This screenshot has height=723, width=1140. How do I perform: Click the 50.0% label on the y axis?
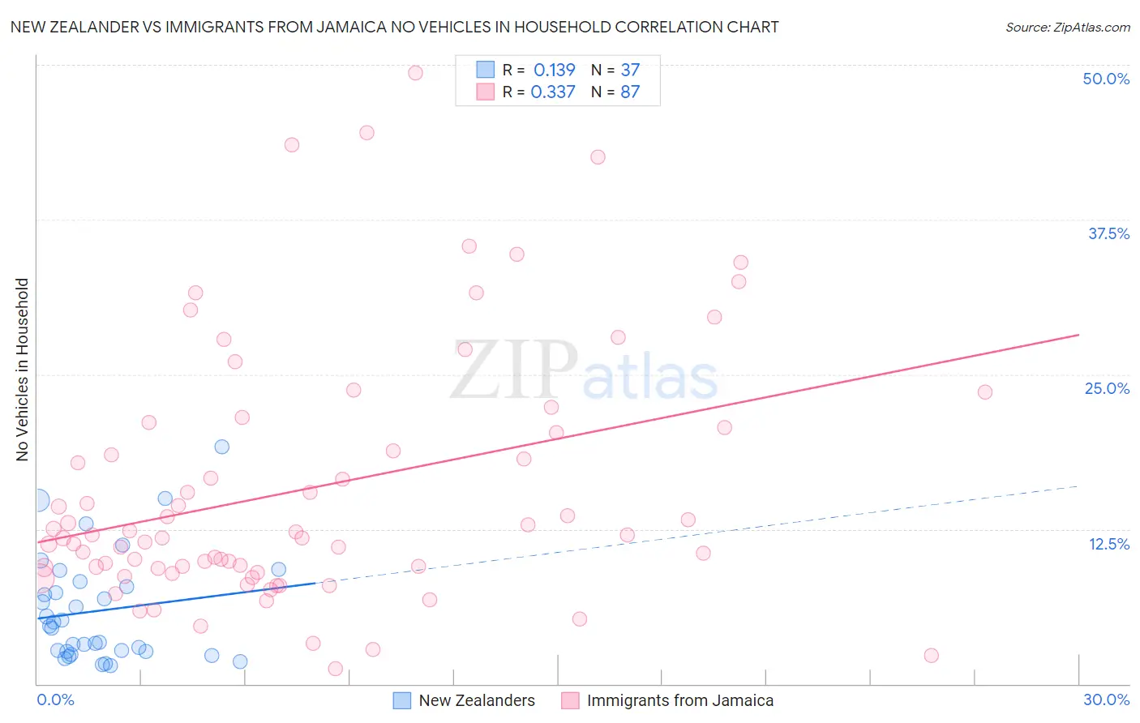click(1106, 79)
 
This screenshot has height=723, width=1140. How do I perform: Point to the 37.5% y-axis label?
click(1108, 233)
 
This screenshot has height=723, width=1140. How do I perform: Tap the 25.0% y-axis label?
click(1107, 388)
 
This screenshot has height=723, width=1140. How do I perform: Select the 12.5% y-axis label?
click(1108, 544)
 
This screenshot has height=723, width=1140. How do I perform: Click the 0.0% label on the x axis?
click(55, 699)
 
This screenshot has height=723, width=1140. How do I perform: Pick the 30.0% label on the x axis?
click(1106, 699)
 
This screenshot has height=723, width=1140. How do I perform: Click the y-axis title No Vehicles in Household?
click(23, 370)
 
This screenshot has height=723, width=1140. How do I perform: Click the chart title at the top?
click(394, 27)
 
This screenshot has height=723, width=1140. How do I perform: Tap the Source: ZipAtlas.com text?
click(1067, 27)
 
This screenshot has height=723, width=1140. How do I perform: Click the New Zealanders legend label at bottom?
click(477, 700)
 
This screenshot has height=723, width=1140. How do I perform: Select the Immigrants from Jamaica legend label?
click(679, 700)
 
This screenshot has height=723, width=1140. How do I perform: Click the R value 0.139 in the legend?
click(554, 70)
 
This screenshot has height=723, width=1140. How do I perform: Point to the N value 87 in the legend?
click(630, 92)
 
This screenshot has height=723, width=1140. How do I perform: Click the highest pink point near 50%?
click(415, 73)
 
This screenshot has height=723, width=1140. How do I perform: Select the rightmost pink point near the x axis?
click(931, 655)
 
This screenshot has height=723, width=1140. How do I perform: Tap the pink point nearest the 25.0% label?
click(984, 392)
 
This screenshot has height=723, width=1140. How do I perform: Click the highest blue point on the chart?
click(221, 447)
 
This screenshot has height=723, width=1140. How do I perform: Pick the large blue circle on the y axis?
click(37, 501)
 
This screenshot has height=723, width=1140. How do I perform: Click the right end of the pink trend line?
click(1078, 334)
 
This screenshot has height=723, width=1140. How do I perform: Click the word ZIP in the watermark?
click(513, 370)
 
